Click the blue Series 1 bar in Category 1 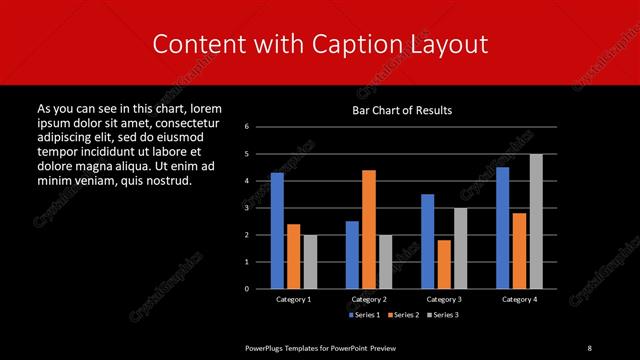coord(277,231)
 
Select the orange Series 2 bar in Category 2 coord(369,229)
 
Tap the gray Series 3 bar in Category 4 coord(536,221)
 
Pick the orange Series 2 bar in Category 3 coord(444,264)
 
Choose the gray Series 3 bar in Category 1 coord(310,262)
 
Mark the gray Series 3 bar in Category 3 coord(460,248)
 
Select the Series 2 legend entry coord(399,315)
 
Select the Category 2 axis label coord(369,299)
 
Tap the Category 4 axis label coord(519,299)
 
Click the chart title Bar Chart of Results coord(403,110)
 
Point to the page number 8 coord(590,347)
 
